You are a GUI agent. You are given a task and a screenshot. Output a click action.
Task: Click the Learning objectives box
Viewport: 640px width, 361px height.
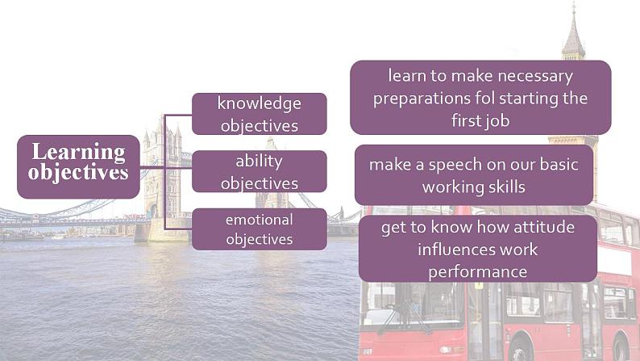(78, 167)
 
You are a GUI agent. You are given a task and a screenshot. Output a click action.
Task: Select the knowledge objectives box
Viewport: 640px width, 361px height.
(260, 114)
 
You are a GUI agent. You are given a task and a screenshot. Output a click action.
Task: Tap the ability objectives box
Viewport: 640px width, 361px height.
(260, 171)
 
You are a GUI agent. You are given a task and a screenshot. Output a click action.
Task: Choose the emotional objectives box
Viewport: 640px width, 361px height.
(260, 229)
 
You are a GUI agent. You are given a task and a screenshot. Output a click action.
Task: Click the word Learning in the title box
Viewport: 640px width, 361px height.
(79, 153)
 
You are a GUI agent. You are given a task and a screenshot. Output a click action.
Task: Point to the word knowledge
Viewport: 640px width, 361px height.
(260, 104)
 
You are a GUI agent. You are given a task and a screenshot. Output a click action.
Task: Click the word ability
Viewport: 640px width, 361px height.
(259, 162)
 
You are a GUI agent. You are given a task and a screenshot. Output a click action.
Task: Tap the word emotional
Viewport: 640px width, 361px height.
(260, 220)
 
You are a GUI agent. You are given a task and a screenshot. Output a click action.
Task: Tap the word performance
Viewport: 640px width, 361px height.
(477, 272)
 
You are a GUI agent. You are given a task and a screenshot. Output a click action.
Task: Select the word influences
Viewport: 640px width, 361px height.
(454, 250)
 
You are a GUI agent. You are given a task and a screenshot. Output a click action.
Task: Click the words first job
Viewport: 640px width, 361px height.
(480, 121)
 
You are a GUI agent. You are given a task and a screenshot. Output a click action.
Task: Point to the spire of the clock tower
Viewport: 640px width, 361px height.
(573, 31)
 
